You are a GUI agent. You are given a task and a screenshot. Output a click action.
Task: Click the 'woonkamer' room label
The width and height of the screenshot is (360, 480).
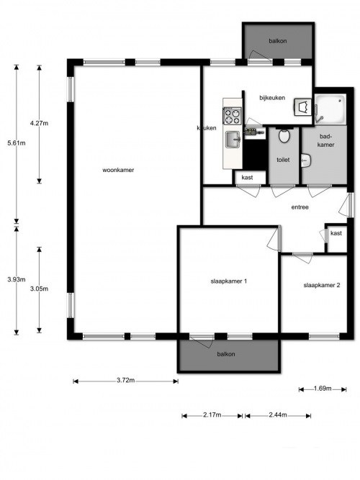118,171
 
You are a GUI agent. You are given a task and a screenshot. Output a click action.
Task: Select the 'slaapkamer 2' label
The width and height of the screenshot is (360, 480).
321,286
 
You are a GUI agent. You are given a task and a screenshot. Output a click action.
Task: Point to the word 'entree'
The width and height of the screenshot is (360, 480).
300,207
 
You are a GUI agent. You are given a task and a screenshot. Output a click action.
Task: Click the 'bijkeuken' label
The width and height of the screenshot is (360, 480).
271,99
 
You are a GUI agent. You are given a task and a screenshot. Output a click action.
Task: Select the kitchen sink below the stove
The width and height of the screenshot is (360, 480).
233,138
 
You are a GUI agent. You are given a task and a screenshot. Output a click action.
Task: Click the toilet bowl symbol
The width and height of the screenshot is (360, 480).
284,135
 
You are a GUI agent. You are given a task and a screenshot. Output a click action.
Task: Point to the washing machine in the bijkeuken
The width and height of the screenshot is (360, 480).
302,108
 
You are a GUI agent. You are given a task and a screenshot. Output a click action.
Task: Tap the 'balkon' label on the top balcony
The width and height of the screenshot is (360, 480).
277,41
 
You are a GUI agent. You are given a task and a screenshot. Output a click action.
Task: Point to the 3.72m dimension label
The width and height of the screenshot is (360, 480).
125,381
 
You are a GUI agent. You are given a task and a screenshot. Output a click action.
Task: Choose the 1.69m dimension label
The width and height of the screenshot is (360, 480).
321,389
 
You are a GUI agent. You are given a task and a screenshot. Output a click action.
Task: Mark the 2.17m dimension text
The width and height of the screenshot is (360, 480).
212,415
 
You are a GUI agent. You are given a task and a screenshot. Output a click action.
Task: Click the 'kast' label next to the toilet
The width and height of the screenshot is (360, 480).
247,177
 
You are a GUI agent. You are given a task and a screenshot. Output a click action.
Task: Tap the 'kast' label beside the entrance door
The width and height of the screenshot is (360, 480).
336,233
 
